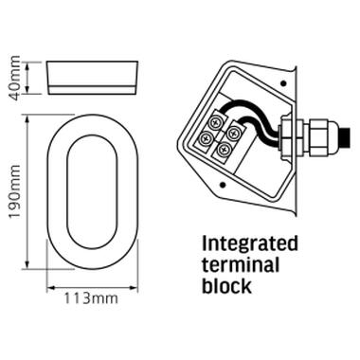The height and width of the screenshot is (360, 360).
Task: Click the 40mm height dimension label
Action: click(x=15, y=78)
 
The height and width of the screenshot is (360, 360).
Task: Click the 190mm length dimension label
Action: click(x=14, y=191)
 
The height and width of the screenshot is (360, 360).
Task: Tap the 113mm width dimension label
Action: click(x=91, y=298)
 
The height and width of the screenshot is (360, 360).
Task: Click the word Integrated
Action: click(x=250, y=244)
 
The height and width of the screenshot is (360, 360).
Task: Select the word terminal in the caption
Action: click(x=241, y=264)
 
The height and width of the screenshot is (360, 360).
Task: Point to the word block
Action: click(x=226, y=285)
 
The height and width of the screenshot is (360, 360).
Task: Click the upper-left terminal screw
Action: click(x=216, y=121)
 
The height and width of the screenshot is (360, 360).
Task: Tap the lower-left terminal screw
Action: click(x=206, y=137)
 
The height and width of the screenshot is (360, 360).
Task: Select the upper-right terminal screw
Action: click(x=233, y=133)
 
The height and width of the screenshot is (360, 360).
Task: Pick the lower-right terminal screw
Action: click(x=224, y=148)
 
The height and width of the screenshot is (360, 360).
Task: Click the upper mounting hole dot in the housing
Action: click(x=283, y=83)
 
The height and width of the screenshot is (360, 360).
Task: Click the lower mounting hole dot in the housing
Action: click(x=224, y=185)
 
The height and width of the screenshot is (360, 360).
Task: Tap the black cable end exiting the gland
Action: click(x=345, y=137)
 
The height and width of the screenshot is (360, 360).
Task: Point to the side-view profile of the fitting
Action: click(x=93, y=78)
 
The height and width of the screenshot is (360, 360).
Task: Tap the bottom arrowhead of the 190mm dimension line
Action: click(x=27, y=264)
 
